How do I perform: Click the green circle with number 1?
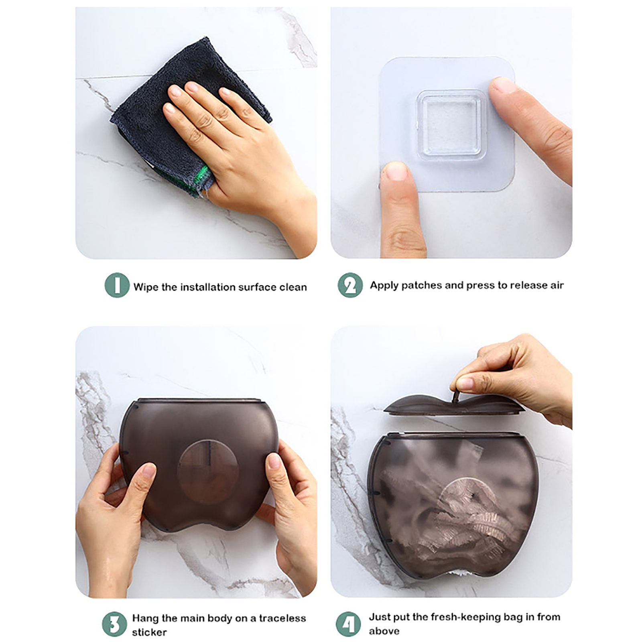[x=117, y=285]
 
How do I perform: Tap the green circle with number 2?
[x=350, y=285]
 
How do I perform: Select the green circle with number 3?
[x=114, y=624]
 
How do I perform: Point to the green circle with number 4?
[x=348, y=624]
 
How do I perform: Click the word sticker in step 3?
[x=149, y=632]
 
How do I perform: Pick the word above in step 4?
[x=384, y=631]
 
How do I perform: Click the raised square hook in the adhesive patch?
[x=452, y=125]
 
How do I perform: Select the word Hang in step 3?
[x=145, y=618]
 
